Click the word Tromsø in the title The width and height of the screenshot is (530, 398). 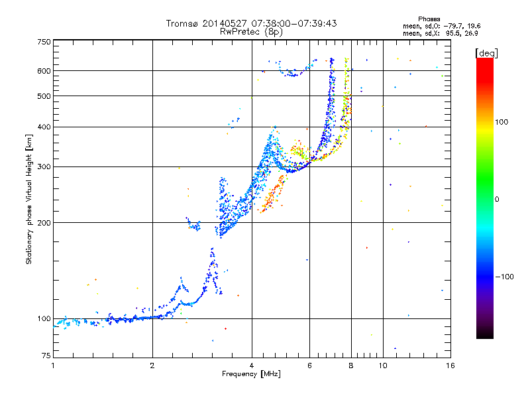(182, 23)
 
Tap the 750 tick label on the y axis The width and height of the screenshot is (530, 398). (44, 42)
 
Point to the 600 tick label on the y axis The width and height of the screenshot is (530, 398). (44, 70)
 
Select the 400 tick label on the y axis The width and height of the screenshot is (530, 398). (44, 127)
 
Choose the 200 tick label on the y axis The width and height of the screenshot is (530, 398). (44, 222)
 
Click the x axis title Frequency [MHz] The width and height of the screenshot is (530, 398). (251, 374)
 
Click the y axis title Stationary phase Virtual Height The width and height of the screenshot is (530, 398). (29, 199)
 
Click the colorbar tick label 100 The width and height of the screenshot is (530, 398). (502, 122)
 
